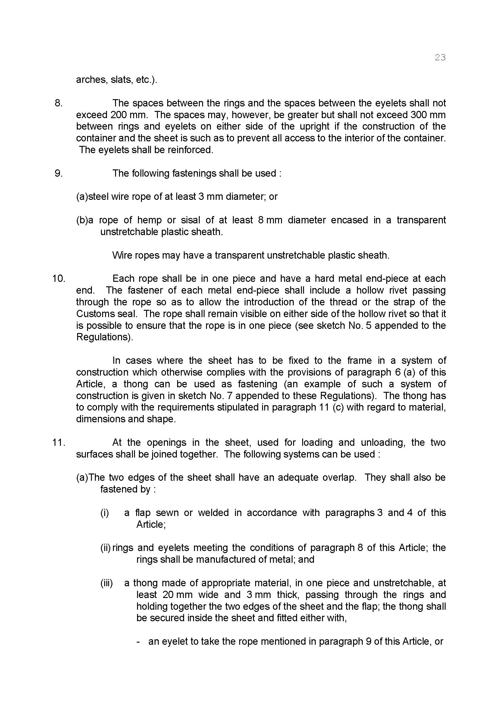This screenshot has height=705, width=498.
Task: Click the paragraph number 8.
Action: coord(58,103)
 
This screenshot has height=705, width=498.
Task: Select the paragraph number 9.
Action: coord(58,174)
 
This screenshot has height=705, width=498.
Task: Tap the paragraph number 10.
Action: coord(59,279)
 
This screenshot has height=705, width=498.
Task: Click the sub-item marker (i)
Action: coord(105,513)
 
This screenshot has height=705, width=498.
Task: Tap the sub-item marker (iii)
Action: coord(106,583)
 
